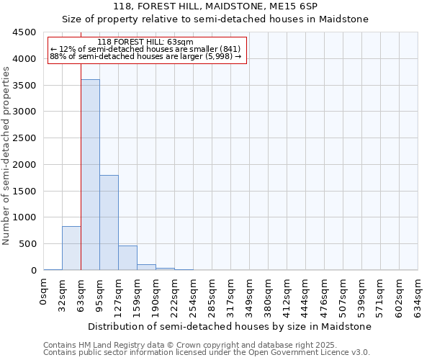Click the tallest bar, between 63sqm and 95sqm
coord(90,175)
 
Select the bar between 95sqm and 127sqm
coord(109,222)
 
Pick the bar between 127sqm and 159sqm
coord(127,258)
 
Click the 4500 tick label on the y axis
coord(24,32)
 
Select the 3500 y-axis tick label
coord(24,86)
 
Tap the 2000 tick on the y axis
coord(24,165)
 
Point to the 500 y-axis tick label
coord(27,244)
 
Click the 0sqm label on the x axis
coord(43,290)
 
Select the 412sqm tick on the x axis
coord(287,293)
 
